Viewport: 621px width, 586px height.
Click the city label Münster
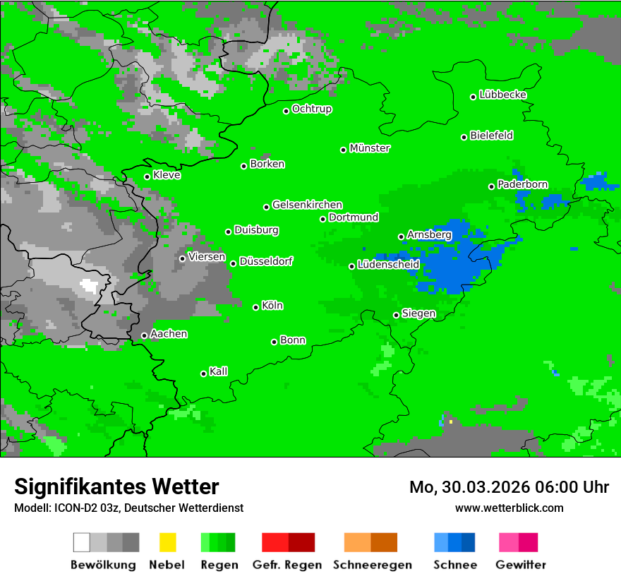(x=370, y=148)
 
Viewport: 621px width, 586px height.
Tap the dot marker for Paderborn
(x=492, y=186)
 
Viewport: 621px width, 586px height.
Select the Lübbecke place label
(x=503, y=95)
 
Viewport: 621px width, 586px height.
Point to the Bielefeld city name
(x=492, y=136)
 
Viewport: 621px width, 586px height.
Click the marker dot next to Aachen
(x=145, y=335)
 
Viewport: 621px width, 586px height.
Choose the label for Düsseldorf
(x=266, y=261)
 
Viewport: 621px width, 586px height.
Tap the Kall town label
(x=219, y=371)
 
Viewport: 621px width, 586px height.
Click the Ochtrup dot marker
(x=287, y=111)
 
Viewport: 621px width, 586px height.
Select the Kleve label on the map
(x=167, y=175)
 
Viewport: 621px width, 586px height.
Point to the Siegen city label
(x=419, y=313)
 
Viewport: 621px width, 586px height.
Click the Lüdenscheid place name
(x=389, y=265)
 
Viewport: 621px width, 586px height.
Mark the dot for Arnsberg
(x=402, y=237)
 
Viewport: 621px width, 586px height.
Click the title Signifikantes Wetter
(x=116, y=486)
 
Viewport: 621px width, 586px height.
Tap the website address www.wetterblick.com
(x=510, y=508)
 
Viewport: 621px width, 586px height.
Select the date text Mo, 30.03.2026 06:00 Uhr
(x=509, y=487)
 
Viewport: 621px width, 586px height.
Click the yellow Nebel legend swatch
(x=167, y=542)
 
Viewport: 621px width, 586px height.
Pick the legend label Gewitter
(x=521, y=565)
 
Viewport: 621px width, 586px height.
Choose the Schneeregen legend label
(x=373, y=565)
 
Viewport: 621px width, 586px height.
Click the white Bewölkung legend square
(x=82, y=542)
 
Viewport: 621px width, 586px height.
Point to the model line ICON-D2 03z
(x=128, y=508)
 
